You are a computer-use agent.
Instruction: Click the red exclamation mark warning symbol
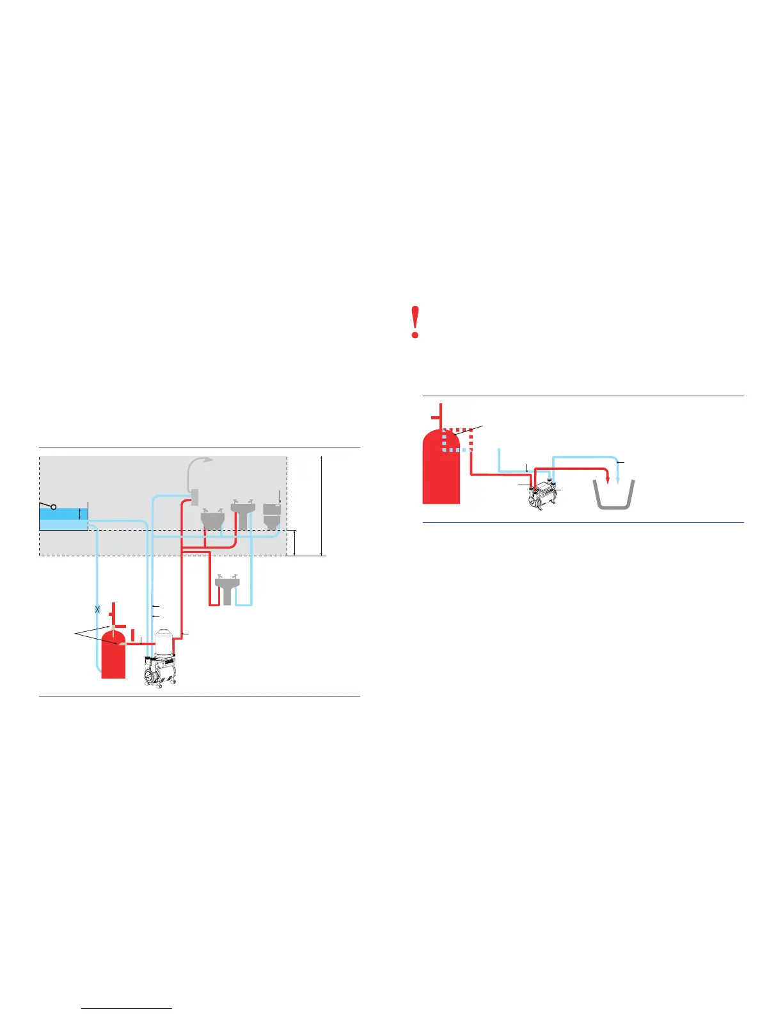(416, 323)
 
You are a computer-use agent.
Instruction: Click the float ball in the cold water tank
(54, 507)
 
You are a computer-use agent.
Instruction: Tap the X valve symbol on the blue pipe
(97, 609)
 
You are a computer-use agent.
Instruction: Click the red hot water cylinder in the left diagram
(113, 656)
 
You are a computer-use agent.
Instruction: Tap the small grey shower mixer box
(195, 496)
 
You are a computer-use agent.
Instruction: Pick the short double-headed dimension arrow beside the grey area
(295, 542)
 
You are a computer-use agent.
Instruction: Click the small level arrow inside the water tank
(79, 513)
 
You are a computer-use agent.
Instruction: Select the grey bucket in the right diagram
(615, 494)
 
